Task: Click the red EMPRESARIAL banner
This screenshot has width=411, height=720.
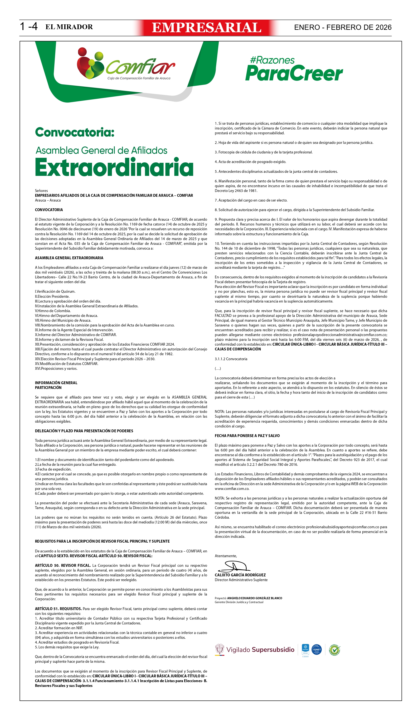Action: [x=206, y=28]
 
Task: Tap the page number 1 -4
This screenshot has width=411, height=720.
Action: [x=29, y=27]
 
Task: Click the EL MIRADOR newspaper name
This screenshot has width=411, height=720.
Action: [x=69, y=27]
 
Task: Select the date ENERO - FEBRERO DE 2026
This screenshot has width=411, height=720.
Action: [x=342, y=27]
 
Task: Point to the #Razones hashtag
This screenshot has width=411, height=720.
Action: [x=272, y=60]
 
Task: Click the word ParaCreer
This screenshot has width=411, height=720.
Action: [x=294, y=73]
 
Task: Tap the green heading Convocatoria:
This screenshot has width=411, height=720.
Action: [x=75, y=132]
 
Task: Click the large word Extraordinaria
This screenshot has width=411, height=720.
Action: [x=114, y=167]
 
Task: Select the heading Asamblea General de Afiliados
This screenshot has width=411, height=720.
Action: [x=101, y=150]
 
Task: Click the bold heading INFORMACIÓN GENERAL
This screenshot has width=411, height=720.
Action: [x=56, y=383]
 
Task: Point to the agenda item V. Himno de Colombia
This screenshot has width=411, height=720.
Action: [x=53, y=311]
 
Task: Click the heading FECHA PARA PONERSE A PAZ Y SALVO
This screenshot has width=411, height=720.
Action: [x=247, y=436]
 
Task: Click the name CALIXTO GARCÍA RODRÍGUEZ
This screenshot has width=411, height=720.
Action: [x=240, y=575]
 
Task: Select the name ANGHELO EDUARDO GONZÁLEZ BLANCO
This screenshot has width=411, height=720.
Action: [x=254, y=598]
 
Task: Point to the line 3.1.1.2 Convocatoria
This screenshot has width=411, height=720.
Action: [x=231, y=359]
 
